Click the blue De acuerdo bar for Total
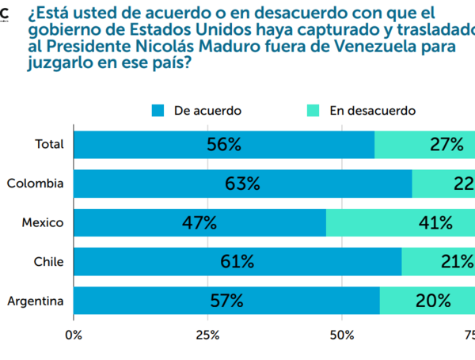coord(224,144)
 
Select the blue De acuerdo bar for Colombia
coord(242,184)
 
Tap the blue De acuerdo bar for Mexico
coord(199,222)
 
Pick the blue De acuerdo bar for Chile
coord(237,261)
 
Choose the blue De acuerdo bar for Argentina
coord(226,300)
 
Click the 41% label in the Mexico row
coord(436,222)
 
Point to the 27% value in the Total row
coord(447,144)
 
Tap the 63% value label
coord(242,184)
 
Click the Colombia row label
coord(35,184)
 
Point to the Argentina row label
coord(35,300)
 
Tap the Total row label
coord(49,144)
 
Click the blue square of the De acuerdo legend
coord(158,111)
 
